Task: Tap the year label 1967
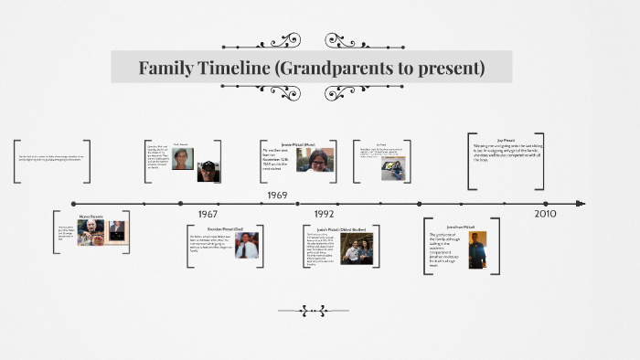coord(208,214)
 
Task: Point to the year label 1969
coord(277,195)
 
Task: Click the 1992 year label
coord(324,214)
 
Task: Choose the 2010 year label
coord(546,214)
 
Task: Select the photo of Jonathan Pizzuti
coord(477,249)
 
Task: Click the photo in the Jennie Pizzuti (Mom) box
coord(314,160)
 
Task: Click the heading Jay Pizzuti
coord(506,140)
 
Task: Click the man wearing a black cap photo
coord(208,171)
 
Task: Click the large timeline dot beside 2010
coord(546,204)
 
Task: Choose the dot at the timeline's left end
coord(74,204)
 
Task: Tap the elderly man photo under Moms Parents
coord(89,232)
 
